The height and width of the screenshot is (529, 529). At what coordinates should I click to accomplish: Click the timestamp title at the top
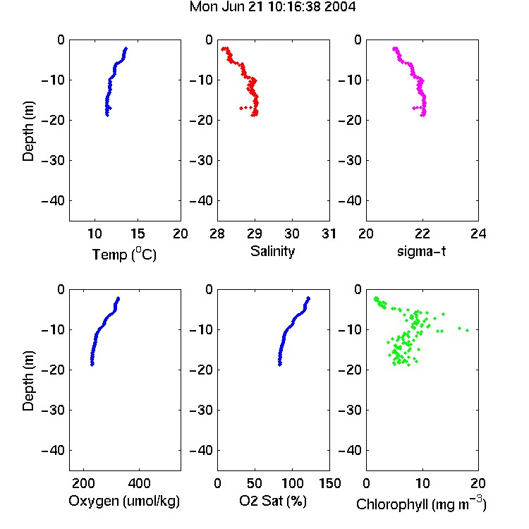click(272, 6)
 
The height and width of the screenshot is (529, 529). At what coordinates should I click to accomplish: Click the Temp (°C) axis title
click(124, 254)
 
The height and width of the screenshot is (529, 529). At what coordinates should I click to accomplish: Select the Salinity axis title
click(272, 251)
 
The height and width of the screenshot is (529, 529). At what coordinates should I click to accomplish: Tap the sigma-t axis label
click(421, 251)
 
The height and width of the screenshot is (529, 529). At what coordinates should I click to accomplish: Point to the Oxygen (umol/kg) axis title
click(124, 501)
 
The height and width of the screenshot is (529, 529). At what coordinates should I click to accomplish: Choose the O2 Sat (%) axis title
click(273, 501)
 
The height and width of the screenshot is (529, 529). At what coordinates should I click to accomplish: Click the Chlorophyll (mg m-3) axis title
click(421, 504)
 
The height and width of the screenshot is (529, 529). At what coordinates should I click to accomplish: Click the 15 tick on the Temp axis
click(138, 233)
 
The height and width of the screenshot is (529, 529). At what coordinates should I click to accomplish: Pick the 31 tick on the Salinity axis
click(329, 233)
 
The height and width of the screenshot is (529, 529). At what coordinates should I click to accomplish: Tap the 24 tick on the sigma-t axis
click(478, 233)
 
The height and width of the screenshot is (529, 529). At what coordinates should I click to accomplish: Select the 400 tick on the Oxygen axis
click(140, 483)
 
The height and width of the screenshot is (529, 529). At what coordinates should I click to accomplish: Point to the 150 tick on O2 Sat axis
click(329, 483)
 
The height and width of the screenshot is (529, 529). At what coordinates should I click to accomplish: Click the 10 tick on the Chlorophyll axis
click(422, 483)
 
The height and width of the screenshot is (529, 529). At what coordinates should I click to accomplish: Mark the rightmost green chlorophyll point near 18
click(467, 330)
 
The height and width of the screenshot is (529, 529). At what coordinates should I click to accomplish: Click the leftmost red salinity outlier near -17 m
click(241, 109)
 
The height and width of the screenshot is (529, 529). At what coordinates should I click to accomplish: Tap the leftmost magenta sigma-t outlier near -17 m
click(413, 109)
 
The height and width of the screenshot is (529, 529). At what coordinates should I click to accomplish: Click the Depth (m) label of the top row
click(28, 131)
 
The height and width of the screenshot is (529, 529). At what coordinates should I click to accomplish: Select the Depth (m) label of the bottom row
click(28, 381)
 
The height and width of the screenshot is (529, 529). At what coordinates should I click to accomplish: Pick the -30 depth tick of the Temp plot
click(53, 161)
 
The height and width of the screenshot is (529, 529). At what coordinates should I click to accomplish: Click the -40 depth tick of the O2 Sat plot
click(202, 451)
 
